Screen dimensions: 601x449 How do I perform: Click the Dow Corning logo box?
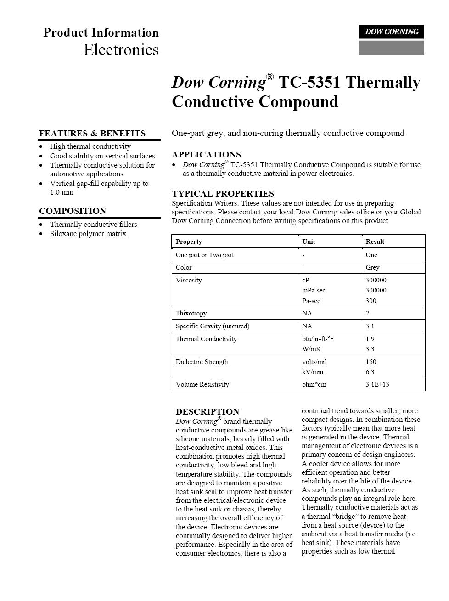[x=391, y=32]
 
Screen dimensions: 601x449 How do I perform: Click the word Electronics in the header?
[x=121, y=50]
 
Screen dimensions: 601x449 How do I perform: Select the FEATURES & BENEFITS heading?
[x=92, y=134]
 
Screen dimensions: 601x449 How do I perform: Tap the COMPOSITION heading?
[x=73, y=211]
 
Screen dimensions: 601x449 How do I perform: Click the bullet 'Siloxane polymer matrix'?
[x=88, y=234]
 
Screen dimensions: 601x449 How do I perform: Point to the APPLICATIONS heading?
[x=206, y=155]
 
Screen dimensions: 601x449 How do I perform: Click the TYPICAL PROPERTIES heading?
[x=223, y=194]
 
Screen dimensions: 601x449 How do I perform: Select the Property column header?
[x=189, y=242]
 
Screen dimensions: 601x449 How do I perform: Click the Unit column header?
[x=309, y=242]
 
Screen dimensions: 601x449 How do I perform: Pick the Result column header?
[x=375, y=242]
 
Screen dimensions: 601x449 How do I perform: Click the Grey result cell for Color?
[x=372, y=268]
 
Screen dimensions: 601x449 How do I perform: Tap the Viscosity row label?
[x=189, y=281]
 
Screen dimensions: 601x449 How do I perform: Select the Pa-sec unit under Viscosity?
[x=311, y=301]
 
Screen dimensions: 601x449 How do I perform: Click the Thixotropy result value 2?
[x=367, y=314]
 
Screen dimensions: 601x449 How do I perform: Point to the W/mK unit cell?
[x=311, y=349]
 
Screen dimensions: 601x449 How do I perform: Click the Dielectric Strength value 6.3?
[x=370, y=372]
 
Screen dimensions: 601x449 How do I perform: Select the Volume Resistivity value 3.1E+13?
[x=377, y=385]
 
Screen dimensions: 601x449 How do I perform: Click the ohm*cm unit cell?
[x=314, y=385]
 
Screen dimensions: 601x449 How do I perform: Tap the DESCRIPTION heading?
[x=208, y=412]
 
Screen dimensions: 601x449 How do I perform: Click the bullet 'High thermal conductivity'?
[x=90, y=146]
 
